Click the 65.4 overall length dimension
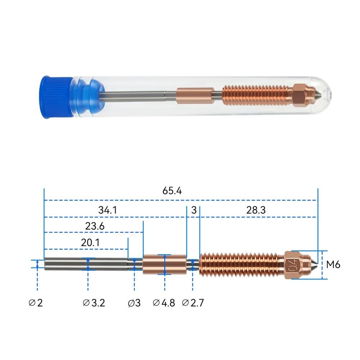tap(172, 191)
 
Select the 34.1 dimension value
tap(107, 210)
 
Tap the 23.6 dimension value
tap(95, 226)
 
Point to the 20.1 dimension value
tap(90, 243)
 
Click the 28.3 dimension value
tap(256, 210)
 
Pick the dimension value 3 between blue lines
tap(194, 210)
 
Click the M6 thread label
tap(333, 265)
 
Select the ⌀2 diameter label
tap(36, 303)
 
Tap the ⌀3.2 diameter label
tap(94, 303)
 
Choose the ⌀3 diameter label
tap(134, 303)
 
